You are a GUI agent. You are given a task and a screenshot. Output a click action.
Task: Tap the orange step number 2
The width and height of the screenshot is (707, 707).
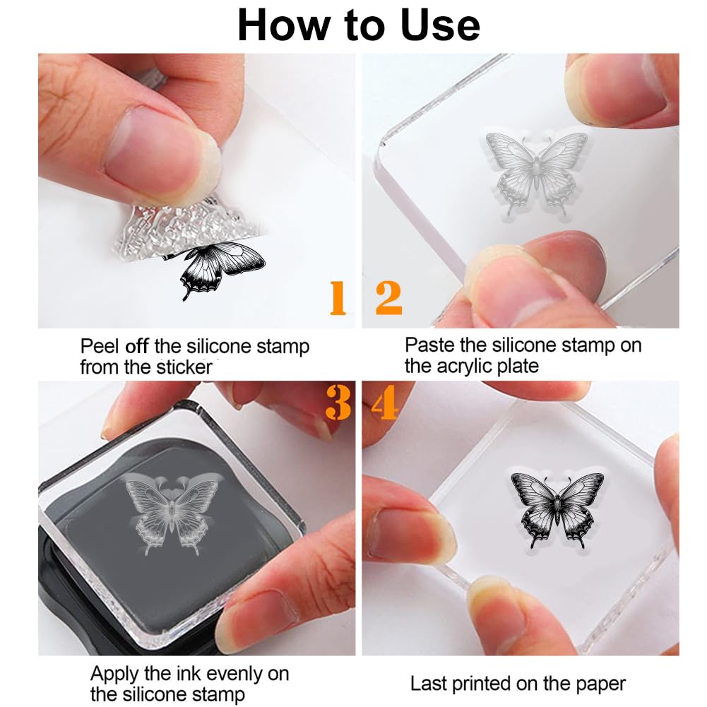[388, 297]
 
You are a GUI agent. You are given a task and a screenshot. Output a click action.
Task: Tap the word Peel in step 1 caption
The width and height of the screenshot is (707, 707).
[100, 347]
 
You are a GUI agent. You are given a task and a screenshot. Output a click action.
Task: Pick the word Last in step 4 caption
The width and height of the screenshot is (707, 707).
[426, 684]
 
